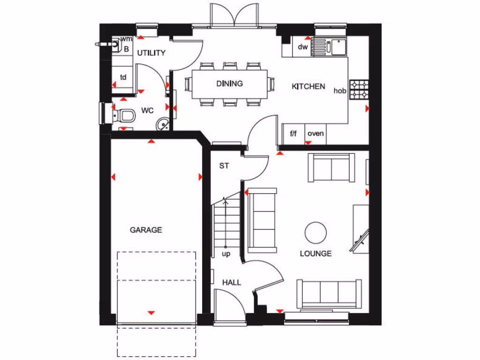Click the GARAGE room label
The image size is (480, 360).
pos(146,230)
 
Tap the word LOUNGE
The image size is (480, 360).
pos(315,254)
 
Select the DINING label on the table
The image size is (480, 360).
pos(230,84)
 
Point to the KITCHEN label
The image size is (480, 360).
pos(308,86)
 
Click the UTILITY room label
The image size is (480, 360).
pos(151,53)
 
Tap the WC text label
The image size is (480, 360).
pos(148,111)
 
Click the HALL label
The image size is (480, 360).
pos(232,282)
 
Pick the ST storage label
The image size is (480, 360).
pos(224,165)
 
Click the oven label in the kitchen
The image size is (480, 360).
pos(315,134)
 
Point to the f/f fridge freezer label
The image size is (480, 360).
pos(293,134)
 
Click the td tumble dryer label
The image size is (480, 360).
pos(123,77)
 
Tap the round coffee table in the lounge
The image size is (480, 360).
pos(315,232)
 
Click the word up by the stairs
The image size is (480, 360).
pos(226,254)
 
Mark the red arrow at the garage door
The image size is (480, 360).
pos(151,313)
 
